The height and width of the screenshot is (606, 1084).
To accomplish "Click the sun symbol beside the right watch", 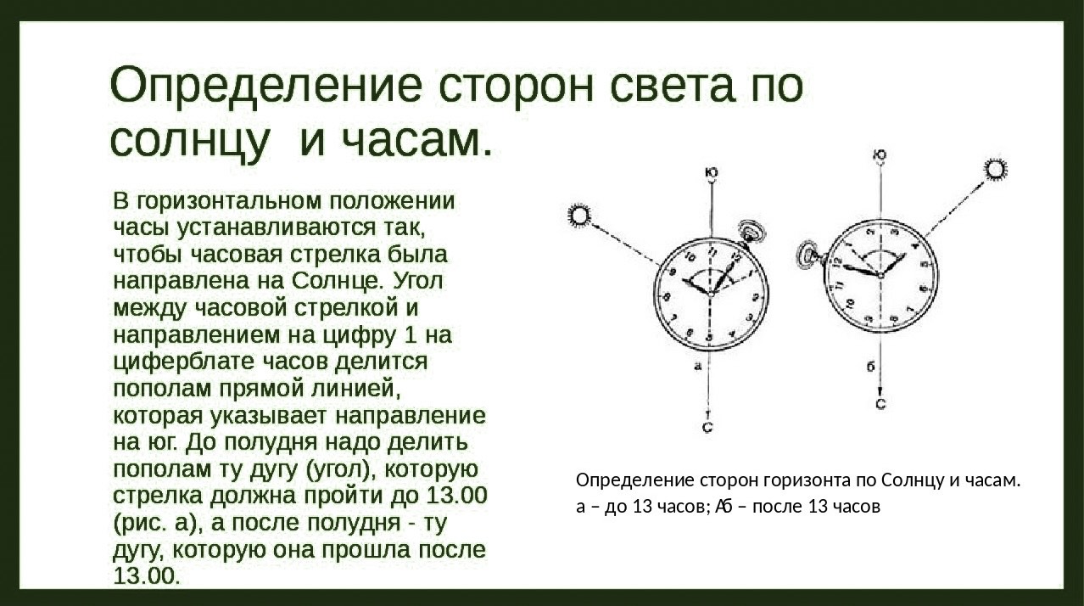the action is tap(995, 171).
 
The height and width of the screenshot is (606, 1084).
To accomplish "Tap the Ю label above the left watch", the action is tap(712, 173).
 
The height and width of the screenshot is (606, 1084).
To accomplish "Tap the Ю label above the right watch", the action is tap(880, 155).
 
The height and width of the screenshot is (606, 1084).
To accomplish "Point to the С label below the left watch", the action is tap(707, 427).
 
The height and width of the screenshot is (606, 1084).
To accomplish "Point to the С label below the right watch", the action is tap(880, 404).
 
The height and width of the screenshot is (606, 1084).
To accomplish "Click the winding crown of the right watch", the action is tap(810, 255).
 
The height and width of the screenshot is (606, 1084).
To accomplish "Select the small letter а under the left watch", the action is tap(697, 367).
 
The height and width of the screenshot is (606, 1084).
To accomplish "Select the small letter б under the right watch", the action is tap(870, 368).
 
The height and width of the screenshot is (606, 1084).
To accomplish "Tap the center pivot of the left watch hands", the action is tap(710, 294).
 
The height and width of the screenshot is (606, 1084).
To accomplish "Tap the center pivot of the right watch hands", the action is tap(880, 276).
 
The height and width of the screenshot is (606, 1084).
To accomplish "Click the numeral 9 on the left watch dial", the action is tap(672, 272).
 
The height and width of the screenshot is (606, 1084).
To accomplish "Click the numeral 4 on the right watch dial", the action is tap(914, 246).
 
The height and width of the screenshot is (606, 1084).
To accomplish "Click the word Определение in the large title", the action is tap(265, 87).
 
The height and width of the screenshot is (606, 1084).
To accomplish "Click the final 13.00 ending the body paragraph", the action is tap(147, 576).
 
